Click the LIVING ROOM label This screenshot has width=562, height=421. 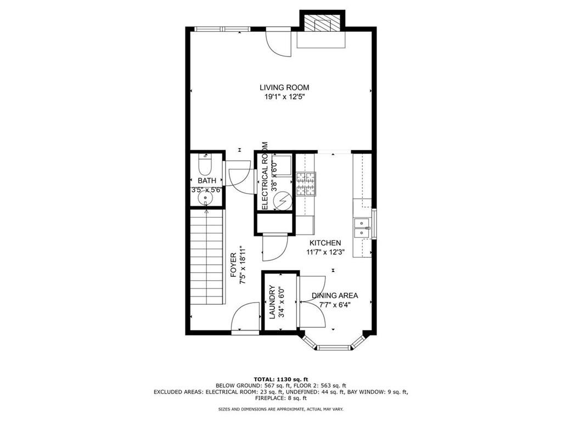(x=284, y=87)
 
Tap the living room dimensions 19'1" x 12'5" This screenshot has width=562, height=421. (x=284, y=96)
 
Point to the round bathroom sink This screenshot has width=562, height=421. (x=206, y=197)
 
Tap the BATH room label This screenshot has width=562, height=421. (x=207, y=181)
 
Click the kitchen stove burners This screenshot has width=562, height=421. (x=306, y=184)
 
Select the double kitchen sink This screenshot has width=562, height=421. (x=362, y=228)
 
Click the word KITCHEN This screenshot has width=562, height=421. (x=325, y=243)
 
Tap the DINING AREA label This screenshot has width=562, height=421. (x=335, y=295)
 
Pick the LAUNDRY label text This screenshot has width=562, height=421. (x=272, y=302)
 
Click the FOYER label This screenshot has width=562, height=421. (x=233, y=265)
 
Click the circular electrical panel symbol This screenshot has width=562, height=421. (x=283, y=202)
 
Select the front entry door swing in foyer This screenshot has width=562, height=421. (x=245, y=318)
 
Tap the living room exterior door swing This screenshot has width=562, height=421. (x=279, y=42)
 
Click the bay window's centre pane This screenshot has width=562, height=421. (x=334, y=346)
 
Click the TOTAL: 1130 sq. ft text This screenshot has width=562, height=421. (x=281, y=379)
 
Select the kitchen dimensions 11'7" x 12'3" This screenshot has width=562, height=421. (x=325, y=252)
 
